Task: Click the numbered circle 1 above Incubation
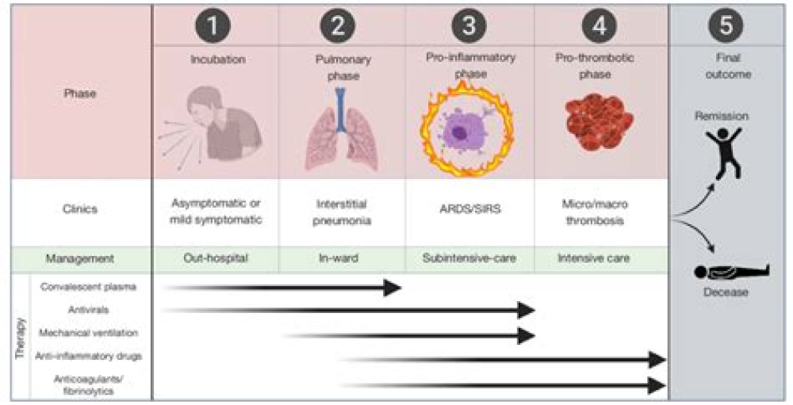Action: click(x=215, y=27)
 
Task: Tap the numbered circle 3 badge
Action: click(x=469, y=27)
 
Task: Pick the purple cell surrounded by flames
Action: click(x=467, y=132)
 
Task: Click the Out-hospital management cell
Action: click(x=215, y=258)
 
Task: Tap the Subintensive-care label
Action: click(x=469, y=258)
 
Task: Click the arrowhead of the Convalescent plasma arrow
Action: click(x=393, y=288)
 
